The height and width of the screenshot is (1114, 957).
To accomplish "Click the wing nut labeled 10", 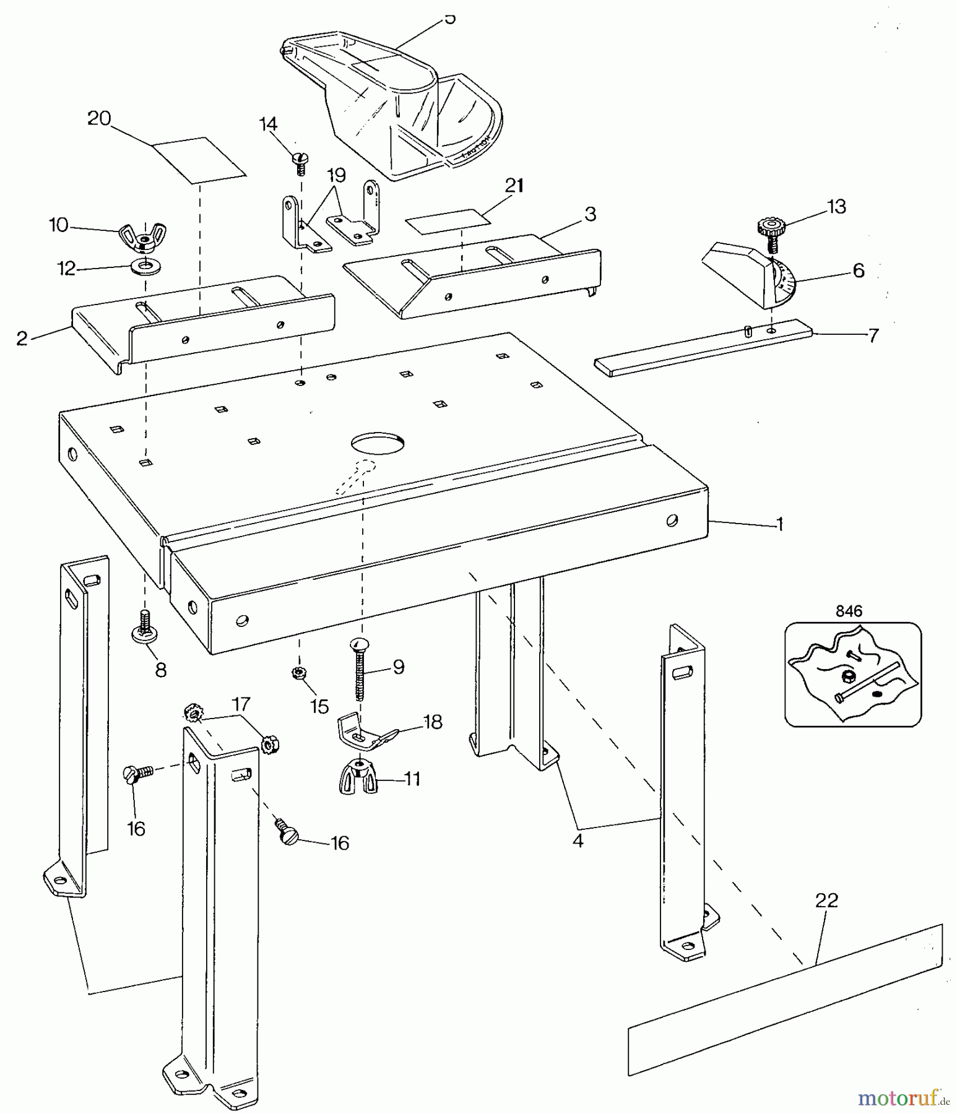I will click(144, 238).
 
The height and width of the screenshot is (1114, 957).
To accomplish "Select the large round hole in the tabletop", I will click(378, 444).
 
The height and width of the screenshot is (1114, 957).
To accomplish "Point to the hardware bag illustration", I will click(852, 675).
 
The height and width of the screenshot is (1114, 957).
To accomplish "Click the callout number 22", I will click(827, 900).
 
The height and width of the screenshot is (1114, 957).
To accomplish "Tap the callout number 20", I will click(99, 118).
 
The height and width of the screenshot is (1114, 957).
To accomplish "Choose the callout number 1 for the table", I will click(781, 524).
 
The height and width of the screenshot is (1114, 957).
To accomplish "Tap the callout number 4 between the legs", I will click(578, 841).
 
